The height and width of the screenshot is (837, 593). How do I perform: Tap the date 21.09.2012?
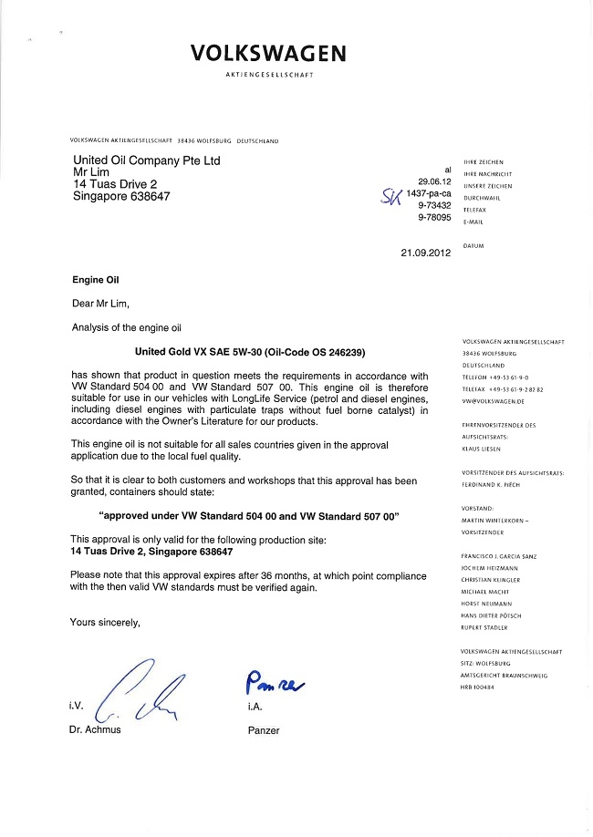(426, 253)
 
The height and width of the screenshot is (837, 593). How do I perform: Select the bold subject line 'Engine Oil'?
(95, 280)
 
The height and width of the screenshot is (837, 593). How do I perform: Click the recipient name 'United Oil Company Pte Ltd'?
(146, 160)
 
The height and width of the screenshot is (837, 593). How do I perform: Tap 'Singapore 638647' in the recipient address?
(120, 196)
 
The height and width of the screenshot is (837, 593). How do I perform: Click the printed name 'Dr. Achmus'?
(96, 730)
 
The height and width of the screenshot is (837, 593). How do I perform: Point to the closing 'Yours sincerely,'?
(105, 622)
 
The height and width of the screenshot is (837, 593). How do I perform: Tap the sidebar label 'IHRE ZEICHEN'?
(484, 162)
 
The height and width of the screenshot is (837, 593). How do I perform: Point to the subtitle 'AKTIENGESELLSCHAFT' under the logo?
(269, 75)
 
